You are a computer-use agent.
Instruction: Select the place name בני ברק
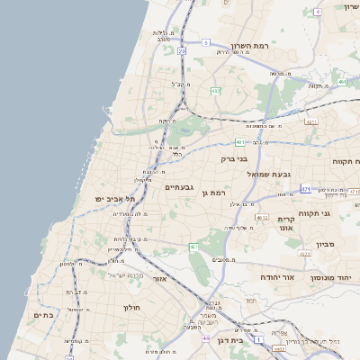point(234,158)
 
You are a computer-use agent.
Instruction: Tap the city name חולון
point(131,307)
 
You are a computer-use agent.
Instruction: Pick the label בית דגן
point(231,341)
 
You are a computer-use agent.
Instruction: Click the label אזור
point(160,279)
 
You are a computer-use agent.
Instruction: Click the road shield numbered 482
point(215,91)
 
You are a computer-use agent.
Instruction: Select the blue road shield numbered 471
point(306,189)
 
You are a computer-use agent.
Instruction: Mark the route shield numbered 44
point(205,339)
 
